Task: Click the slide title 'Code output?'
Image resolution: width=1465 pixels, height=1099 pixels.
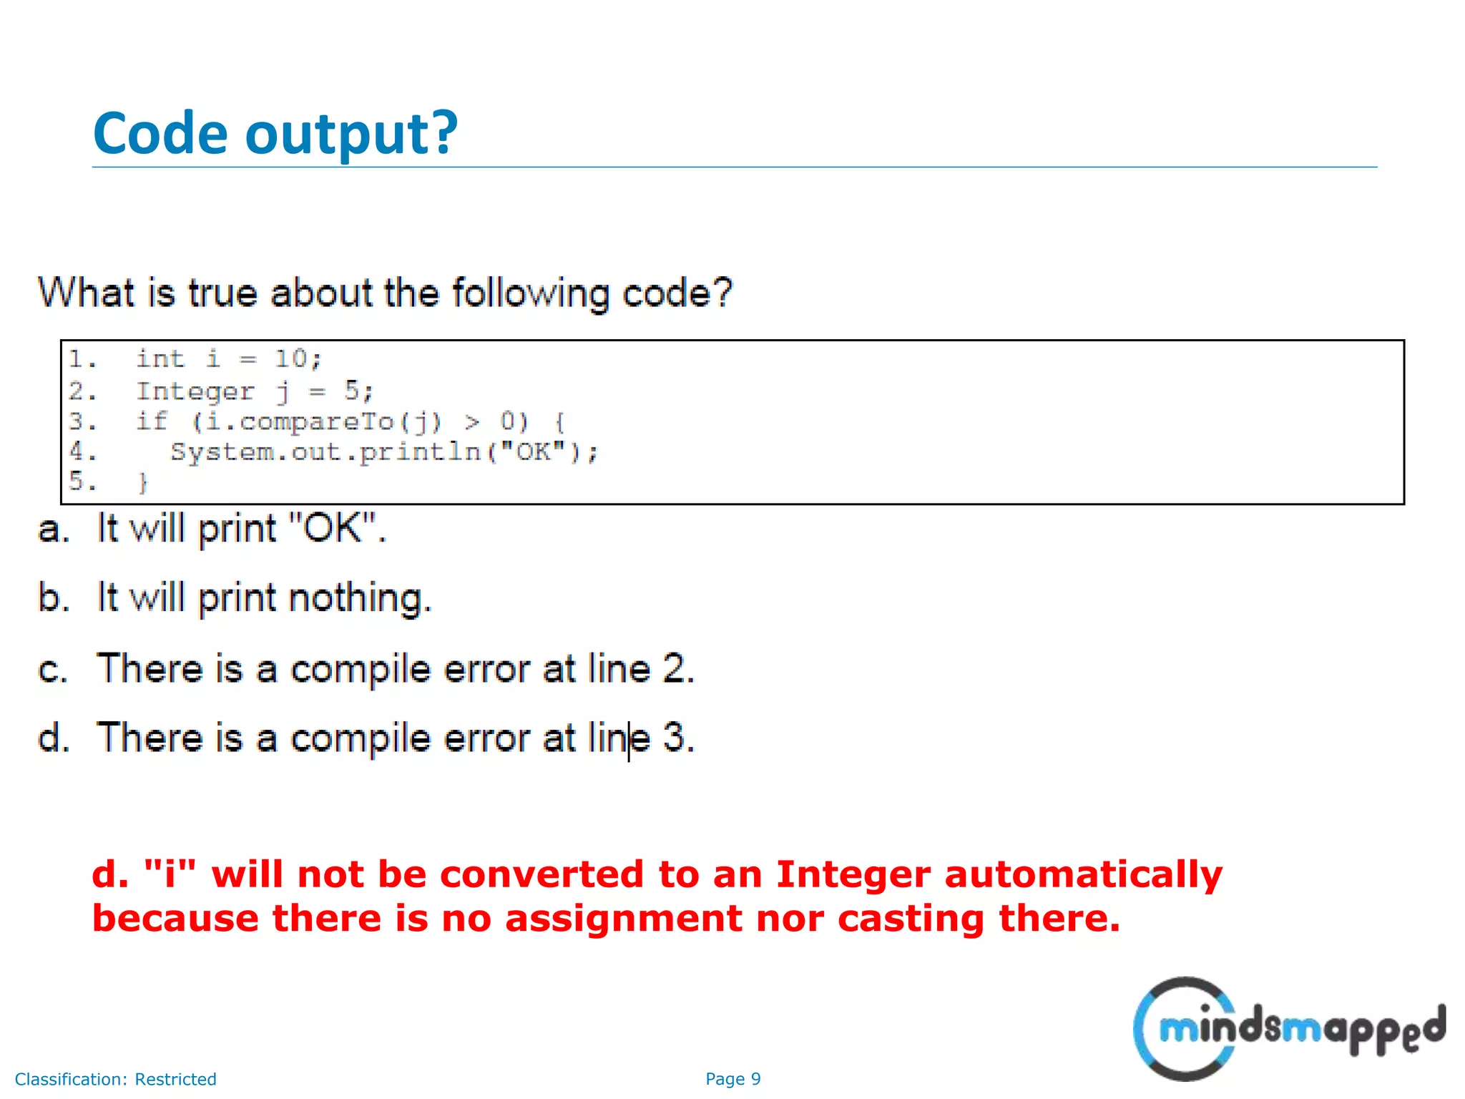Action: click(x=275, y=134)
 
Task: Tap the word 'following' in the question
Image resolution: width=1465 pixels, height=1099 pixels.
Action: click(x=531, y=293)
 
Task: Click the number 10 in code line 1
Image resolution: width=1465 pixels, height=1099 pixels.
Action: click(x=291, y=358)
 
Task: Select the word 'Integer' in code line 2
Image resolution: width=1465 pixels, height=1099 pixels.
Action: click(x=195, y=391)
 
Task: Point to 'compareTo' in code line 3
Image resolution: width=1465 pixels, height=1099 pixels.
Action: click(x=316, y=422)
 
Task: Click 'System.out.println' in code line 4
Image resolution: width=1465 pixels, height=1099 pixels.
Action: click(x=325, y=452)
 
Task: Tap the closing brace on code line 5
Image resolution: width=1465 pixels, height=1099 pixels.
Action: click(x=143, y=483)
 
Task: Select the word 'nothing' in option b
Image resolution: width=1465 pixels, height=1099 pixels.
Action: click(x=360, y=598)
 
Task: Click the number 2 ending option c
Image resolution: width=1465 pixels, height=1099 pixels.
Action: click(x=675, y=668)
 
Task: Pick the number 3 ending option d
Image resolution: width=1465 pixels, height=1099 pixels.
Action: click(x=675, y=738)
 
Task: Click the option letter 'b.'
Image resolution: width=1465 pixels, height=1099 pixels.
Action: click(x=54, y=598)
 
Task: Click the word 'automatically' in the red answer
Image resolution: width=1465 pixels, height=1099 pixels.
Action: click(x=1083, y=875)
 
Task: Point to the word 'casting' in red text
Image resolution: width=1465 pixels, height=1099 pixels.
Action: click(x=911, y=919)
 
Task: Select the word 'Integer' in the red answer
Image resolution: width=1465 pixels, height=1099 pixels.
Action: click(x=853, y=875)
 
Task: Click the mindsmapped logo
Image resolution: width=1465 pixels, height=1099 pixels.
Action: click(x=1288, y=1029)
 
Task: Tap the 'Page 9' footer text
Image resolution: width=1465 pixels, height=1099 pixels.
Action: click(x=732, y=1079)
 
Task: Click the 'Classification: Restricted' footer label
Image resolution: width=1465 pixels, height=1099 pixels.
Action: click(x=116, y=1079)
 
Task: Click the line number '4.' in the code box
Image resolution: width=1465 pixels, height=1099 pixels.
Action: click(x=82, y=451)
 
